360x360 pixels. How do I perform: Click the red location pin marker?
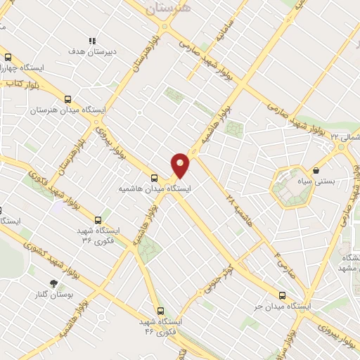(181, 165)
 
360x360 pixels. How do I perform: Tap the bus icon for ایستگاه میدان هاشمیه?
(153, 178)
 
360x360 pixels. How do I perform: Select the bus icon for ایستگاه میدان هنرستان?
(67, 100)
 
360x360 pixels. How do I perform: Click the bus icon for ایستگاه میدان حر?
(283, 296)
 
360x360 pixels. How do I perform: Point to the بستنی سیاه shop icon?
(316, 169)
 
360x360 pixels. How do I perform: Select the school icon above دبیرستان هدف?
(91, 41)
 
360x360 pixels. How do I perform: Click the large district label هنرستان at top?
(167, 9)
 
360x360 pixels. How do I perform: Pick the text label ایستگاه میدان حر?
(282, 307)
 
